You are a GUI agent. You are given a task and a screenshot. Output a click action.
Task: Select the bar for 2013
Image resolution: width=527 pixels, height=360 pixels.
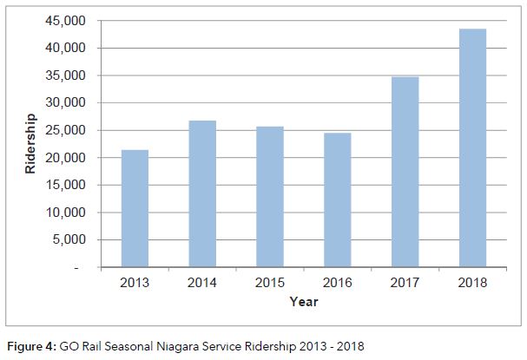pyautogui.click(x=135, y=209)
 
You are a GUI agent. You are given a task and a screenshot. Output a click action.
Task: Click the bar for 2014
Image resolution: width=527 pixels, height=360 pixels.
pyautogui.click(x=202, y=194)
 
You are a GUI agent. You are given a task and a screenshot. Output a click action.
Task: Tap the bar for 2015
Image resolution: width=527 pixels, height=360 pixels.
pyautogui.click(x=270, y=197)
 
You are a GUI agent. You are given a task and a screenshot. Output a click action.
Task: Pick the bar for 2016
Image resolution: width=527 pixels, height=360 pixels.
pyautogui.click(x=338, y=200)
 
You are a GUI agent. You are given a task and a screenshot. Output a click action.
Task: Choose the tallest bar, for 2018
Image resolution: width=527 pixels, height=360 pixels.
pyautogui.click(x=472, y=148)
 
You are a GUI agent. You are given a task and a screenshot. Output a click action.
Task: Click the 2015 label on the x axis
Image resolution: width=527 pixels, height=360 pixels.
pyautogui.click(x=270, y=284)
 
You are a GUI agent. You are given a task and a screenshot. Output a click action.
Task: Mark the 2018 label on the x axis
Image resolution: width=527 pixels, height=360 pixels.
pyautogui.click(x=473, y=284)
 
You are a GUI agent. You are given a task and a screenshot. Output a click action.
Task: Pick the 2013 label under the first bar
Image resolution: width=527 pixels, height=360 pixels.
pyautogui.click(x=135, y=284)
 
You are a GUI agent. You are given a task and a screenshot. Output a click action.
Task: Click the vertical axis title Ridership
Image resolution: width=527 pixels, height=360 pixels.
pyautogui.click(x=31, y=144)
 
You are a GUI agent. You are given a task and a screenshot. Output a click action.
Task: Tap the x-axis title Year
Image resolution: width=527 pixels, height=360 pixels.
pyautogui.click(x=304, y=302)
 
